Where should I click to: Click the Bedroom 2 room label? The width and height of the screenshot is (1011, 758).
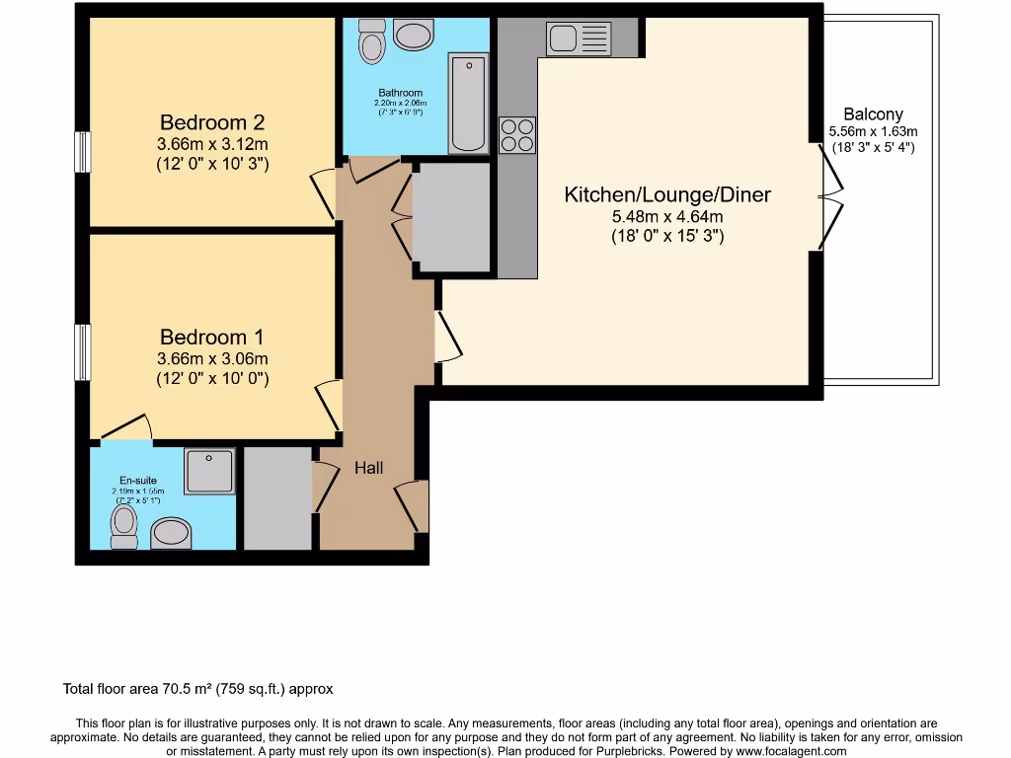pos(212,122)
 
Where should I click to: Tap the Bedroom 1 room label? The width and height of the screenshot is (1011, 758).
pos(212,338)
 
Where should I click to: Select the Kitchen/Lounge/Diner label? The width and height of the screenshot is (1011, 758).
pos(667,194)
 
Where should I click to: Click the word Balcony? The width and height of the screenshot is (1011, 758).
pos(873,114)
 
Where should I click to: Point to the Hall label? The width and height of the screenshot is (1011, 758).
pos(369,468)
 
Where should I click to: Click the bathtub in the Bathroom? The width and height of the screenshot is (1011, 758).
pos(468,105)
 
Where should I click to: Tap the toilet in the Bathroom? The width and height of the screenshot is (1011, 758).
pos(372,40)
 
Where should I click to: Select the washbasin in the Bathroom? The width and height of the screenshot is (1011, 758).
pos(414,37)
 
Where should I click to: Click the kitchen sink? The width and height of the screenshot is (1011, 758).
pos(579,39)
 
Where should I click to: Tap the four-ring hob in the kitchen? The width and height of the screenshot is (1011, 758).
pos(517,134)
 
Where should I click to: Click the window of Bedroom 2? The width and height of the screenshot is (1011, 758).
pos(84,153)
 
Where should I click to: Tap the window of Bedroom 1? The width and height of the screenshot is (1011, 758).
pos(84,352)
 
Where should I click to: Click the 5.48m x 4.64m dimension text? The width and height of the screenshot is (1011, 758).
pos(667,217)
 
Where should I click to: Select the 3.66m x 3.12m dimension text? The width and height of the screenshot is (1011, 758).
pos(212,144)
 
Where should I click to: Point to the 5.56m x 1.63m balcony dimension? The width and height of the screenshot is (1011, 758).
pos(873,132)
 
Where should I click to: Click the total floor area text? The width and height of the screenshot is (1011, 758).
pos(204,689)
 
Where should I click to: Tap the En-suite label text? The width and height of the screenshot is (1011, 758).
pos(138,481)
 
